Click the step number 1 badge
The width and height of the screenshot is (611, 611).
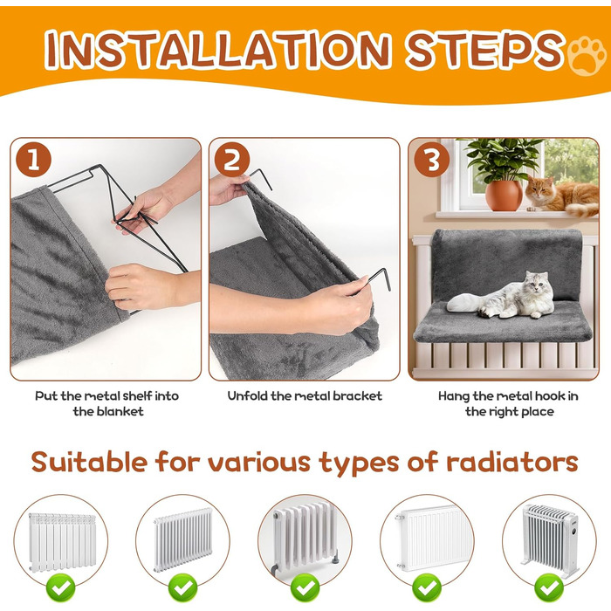[33, 160]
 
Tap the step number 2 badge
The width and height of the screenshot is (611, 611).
[232, 160]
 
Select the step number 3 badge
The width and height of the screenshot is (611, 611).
[432, 160]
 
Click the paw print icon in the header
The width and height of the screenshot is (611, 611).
[587, 56]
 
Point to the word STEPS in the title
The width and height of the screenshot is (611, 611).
[484, 50]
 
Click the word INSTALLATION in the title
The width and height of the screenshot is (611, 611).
[218, 50]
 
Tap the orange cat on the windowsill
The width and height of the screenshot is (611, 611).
[562, 196]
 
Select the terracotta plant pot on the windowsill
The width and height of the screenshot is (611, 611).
[504, 196]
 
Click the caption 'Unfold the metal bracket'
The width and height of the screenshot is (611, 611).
[305, 396]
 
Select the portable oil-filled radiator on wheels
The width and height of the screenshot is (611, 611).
[549, 540]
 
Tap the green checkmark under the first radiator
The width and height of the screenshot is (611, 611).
[61, 587]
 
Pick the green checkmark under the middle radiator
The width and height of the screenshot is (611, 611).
[305, 587]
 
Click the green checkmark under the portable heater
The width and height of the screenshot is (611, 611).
[549, 587]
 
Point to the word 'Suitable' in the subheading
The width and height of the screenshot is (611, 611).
[89, 462]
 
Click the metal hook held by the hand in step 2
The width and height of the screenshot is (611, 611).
[379, 278]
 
